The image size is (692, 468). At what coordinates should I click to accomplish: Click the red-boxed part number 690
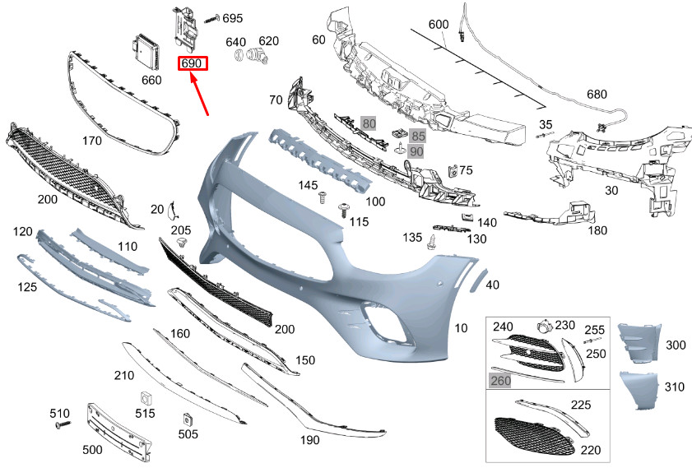click(193, 63)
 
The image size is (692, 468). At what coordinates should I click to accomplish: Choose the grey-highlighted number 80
click(369, 123)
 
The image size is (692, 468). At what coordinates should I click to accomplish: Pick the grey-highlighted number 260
click(500, 381)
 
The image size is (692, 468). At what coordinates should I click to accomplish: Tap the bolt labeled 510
click(63, 425)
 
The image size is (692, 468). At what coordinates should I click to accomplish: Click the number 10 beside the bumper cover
click(461, 328)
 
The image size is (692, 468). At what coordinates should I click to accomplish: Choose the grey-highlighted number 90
click(416, 151)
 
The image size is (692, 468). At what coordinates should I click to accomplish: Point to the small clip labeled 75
click(452, 171)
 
